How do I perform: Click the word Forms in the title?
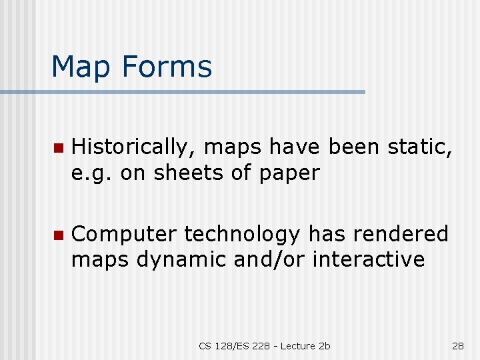[x=170, y=67]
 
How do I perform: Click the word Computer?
[x=124, y=235]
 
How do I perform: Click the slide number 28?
[x=457, y=345]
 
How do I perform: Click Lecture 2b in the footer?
[x=305, y=345]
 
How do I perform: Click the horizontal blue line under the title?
[x=200, y=91]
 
